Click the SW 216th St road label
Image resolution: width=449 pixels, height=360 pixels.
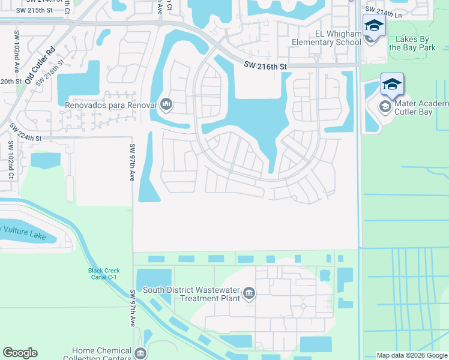[x=267, y=67]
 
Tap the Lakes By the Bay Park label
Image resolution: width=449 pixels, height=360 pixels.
[x=419, y=43]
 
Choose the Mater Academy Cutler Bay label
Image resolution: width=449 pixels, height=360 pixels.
[x=421, y=107]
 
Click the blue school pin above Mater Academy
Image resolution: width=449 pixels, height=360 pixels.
[x=392, y=85]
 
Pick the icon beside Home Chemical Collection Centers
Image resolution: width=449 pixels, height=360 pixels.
[x=140, y=354]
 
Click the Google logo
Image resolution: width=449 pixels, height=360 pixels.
[x=20, y=353]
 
